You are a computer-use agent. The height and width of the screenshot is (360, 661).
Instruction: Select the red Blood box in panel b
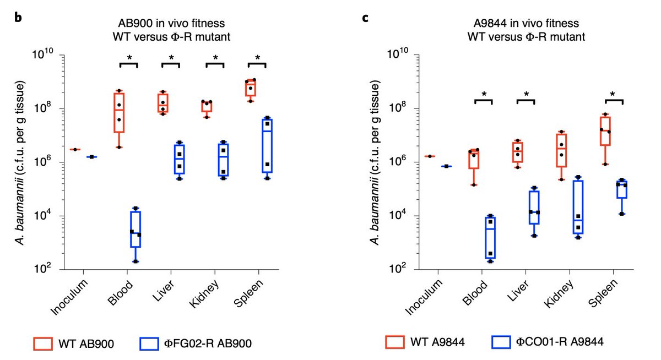point(119,112)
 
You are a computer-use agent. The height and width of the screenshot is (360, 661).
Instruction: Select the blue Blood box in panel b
point(135,230)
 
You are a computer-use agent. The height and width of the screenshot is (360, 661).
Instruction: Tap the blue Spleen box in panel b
point(267,145)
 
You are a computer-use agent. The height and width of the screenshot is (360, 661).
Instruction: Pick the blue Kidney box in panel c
point(578,207)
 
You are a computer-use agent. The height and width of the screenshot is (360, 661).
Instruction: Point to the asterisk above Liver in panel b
point(170,58)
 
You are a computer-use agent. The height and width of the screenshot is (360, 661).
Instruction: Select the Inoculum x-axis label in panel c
point(424,297)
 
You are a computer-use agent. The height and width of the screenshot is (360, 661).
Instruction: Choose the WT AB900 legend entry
point(76,344)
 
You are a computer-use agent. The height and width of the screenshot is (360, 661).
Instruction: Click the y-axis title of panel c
point(375,162)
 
